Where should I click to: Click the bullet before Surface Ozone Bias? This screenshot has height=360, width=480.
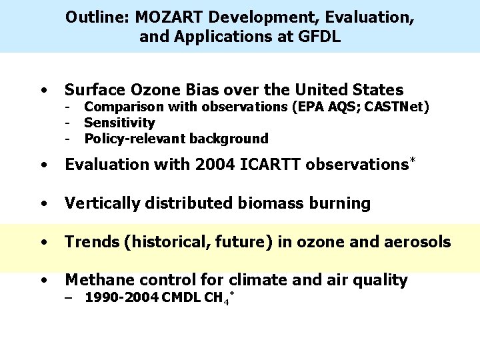pyautogui.click(x=43, y=90)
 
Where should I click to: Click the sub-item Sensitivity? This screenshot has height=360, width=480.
pyautogui.click(x=119, y=123)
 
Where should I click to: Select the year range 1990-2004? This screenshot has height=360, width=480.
pyautogui.click(x=119, y=297)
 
